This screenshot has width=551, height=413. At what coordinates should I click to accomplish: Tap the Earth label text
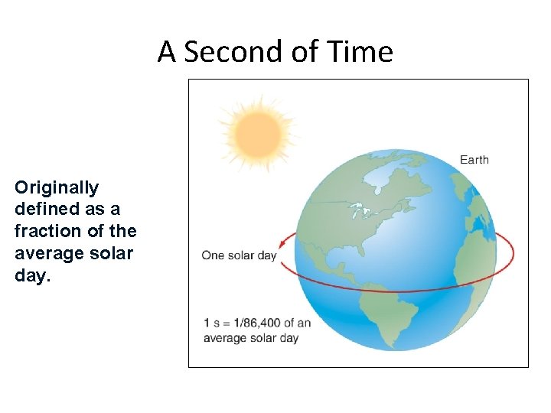[x=474, y=160]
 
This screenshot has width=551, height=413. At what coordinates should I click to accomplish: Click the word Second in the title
[x=220, y=52]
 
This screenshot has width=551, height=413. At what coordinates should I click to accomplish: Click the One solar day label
[x=239, y=255]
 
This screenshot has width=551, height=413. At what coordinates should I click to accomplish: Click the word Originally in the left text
[x=57, y=187]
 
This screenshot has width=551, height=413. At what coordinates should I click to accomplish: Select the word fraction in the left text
[x=47, y=231]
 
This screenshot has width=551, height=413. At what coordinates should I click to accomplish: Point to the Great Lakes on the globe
[x=360, y=210]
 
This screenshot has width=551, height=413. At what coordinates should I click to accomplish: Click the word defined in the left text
[x=44, y=209]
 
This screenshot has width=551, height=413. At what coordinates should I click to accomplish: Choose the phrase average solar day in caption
[x=251, y=338]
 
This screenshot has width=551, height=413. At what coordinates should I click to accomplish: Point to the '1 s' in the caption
[x=211, y=324]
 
